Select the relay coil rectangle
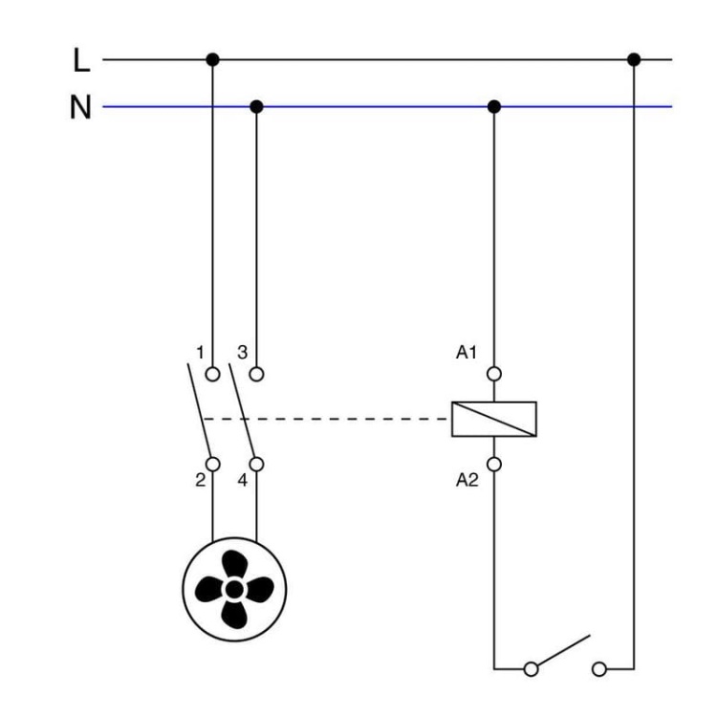pos(493,419)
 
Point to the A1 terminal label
pos(467,353)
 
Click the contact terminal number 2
pos(200,481)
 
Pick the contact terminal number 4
pos(242,481)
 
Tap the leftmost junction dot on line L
pos(212,60)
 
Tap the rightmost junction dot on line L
pos(633,60)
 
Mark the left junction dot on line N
pos(255,106)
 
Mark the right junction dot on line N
pos(493,106)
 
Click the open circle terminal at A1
pos(493,374)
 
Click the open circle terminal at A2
pos(493,465)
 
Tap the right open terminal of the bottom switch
pos(600,666)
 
